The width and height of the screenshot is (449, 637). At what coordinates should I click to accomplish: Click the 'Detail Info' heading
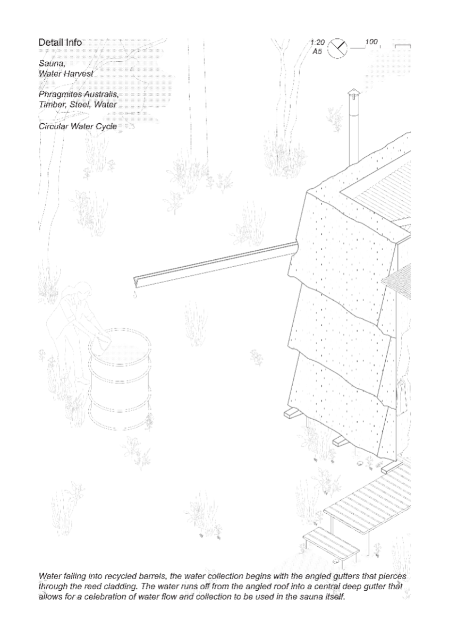click(x=60, y=43)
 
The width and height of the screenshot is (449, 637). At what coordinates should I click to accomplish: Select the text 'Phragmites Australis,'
click(x=79, y=94)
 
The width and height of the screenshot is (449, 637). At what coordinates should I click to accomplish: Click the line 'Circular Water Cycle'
click(x=78, y=126)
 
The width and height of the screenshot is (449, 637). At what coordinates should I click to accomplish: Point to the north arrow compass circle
click(x=337, y=49)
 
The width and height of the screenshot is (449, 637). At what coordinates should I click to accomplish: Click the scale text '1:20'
click(x=318, y=43)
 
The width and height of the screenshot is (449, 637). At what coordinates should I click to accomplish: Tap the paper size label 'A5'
click(x=317, y=52)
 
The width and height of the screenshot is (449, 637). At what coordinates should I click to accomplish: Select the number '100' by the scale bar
click(x=371, y=41)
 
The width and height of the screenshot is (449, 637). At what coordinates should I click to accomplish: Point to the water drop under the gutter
click(x=135, y=296)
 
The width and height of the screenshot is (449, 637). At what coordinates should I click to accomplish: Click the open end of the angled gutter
click(x=137, y=282)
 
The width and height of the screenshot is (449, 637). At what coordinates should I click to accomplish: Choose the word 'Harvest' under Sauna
click(x=79, y=73)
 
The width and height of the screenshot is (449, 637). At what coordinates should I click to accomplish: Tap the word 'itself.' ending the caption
click(x=334, y=597)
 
